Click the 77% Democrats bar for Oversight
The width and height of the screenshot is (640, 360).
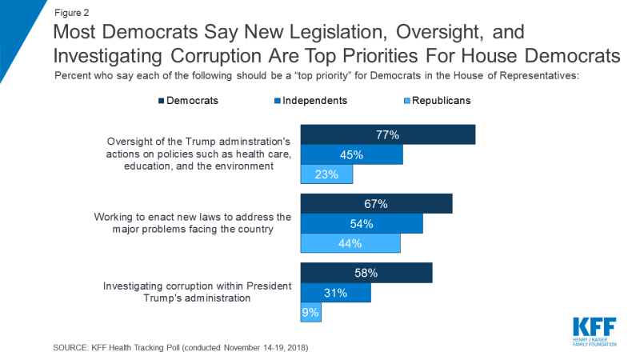pyautogui.click(x=387, y=134)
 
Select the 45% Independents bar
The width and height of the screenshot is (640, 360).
pyautogui.click(x=351, y=154)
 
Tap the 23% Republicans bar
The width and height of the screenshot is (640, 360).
pyautogui.click(x=326, y=174)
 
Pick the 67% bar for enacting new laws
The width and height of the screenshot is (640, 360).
pyautogui.click(x=376, y=204)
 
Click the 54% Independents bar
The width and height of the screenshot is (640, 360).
pyautogui.click(x=361, y=224)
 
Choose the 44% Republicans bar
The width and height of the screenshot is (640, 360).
pyautogui.click(x=350, y=243)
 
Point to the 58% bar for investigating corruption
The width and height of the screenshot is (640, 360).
pyautogui.click(x=366, y=273)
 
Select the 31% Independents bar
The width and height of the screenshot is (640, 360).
pyautogui.click(x=335, y=293)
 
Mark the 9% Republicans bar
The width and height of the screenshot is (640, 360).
pyautogui.click(x=310, y=312)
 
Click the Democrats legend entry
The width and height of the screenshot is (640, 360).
pyautogui.click(x=188, y=102)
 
